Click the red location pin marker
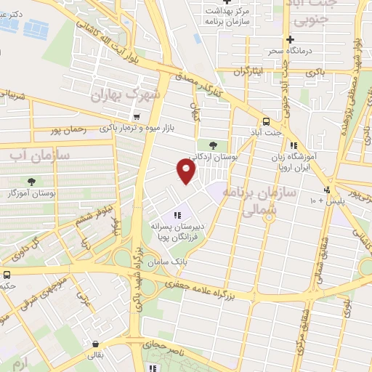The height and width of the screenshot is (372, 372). point(187,171)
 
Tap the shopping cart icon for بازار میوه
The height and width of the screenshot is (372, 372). point(136,117)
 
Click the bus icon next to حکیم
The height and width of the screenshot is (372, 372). point(7,275)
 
